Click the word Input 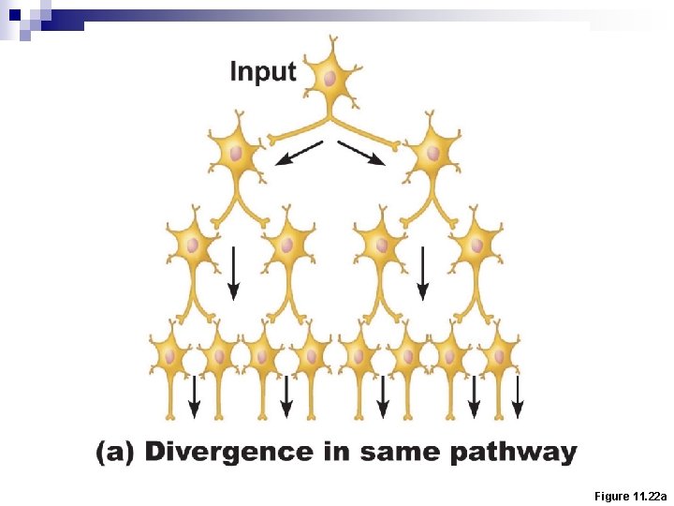coord(263,71)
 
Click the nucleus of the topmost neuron coord(330,79)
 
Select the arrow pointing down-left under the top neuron coord(299,153)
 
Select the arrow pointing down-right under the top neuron coord(361,153)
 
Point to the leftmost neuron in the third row coord(193,245)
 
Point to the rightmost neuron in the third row coord(476,245)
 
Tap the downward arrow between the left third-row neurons coord(233,272)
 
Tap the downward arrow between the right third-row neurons coord(423,272)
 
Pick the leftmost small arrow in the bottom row coord(194,397)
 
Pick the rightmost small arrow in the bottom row coord(518,397)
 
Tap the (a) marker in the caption coord(114,453)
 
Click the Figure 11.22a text coord(630,496)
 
